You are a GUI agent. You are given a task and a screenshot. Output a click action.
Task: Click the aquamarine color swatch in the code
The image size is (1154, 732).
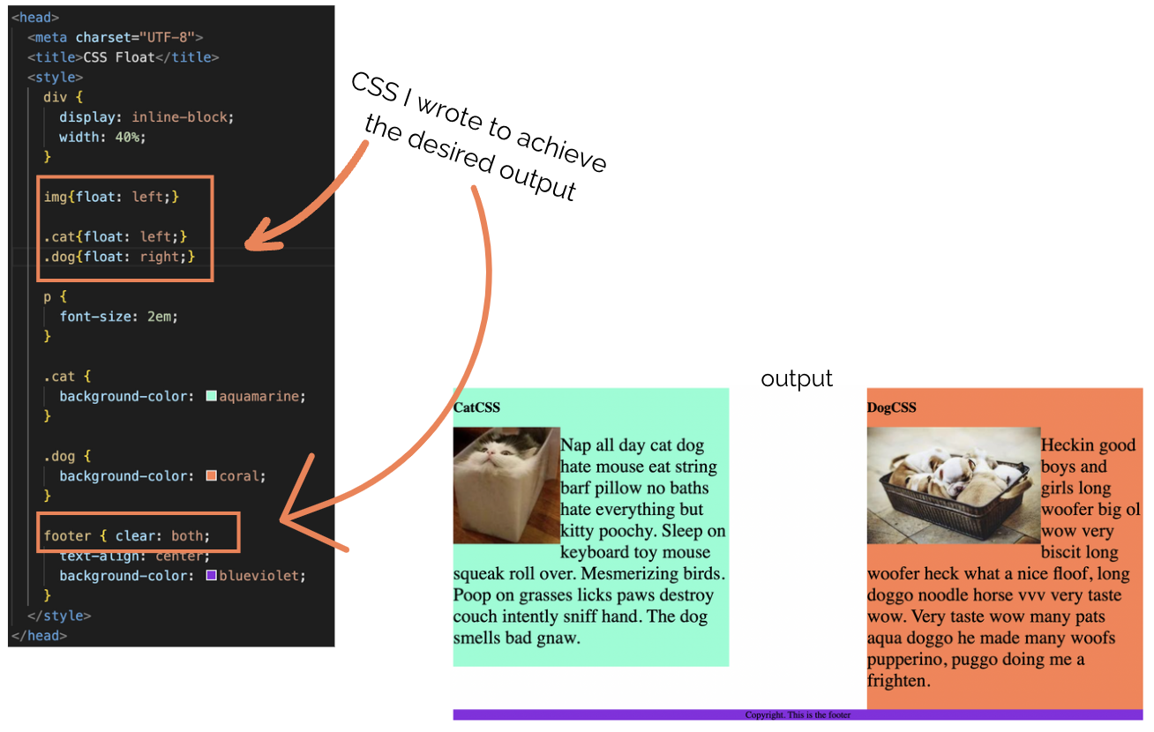coord(211,396)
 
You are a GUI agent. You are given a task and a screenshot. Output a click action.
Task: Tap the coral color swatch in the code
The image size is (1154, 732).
coord(211,476)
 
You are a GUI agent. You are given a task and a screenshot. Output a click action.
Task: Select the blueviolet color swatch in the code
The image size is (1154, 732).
coord(211,576)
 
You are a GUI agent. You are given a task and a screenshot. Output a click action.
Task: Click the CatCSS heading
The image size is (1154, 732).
coord(476,407)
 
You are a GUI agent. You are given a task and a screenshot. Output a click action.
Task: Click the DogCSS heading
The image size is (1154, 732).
coord(891,407)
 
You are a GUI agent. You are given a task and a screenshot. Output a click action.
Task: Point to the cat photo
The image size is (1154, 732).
coord(506,485)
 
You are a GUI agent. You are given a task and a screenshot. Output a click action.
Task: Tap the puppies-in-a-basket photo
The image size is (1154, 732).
coord(953,485)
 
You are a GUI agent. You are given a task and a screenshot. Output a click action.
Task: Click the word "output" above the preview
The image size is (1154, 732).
coord(797,378)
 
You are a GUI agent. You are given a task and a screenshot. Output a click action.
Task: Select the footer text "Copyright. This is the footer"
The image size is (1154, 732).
coord(798,715)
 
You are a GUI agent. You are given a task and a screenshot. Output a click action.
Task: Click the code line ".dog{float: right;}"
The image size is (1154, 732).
coord(119,257)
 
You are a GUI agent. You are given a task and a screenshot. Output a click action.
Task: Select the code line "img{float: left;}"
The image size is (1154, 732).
coord(111,197)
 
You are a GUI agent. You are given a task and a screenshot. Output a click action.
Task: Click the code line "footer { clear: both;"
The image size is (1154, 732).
coord(128,536)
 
